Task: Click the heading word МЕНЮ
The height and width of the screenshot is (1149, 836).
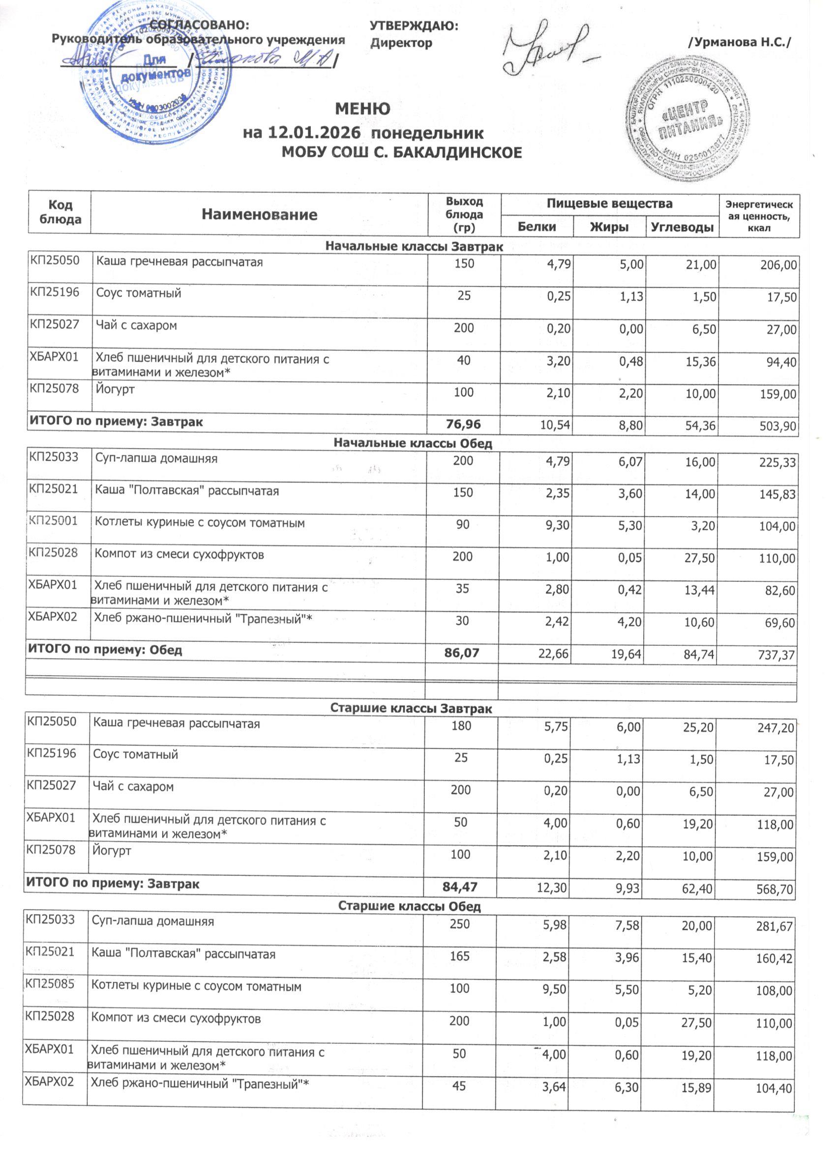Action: point(362,109)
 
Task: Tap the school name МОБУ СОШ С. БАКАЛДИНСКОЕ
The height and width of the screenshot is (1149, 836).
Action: point(401,152)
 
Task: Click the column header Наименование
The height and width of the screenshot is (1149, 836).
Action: point(259,214)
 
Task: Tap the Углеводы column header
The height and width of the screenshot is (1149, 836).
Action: point(682,227)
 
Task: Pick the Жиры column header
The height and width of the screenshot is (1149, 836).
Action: point(609,227)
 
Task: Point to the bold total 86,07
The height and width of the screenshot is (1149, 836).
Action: point(461,653)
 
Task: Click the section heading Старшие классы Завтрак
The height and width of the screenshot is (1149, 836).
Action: point(411,708)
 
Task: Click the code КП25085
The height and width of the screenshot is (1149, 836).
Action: point(50,984)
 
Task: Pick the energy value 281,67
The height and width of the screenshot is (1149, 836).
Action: point(774,927)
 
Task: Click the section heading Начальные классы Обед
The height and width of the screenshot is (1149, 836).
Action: point(413,443)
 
